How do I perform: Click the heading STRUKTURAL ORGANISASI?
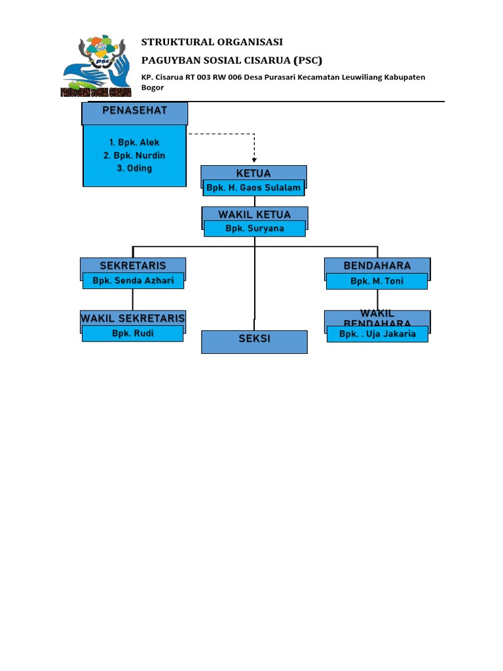tap(212, 42)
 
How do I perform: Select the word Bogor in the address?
tap(153, 87)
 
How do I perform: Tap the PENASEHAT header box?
tap(135, 111)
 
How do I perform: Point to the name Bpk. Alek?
tap(135, 142)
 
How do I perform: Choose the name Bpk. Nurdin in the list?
tap(134, 155)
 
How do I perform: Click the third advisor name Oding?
tap(134, 168)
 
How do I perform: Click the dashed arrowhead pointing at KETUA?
tap(254, 159)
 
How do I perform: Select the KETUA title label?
tap(253, 173)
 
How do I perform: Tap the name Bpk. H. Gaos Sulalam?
tap(253, 188)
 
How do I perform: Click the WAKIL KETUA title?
tap(254, 214)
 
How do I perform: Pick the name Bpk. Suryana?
tap(254, 229)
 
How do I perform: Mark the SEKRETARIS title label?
tap(133, 265)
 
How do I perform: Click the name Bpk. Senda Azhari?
tap(133, 281)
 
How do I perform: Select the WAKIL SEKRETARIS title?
tap(133, 318)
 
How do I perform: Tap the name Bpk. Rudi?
tap(132, 334)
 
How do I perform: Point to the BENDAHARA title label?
tap(377, 265)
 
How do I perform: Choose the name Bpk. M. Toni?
tap(377, 281)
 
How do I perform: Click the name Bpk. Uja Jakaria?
tap(377, 334)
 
